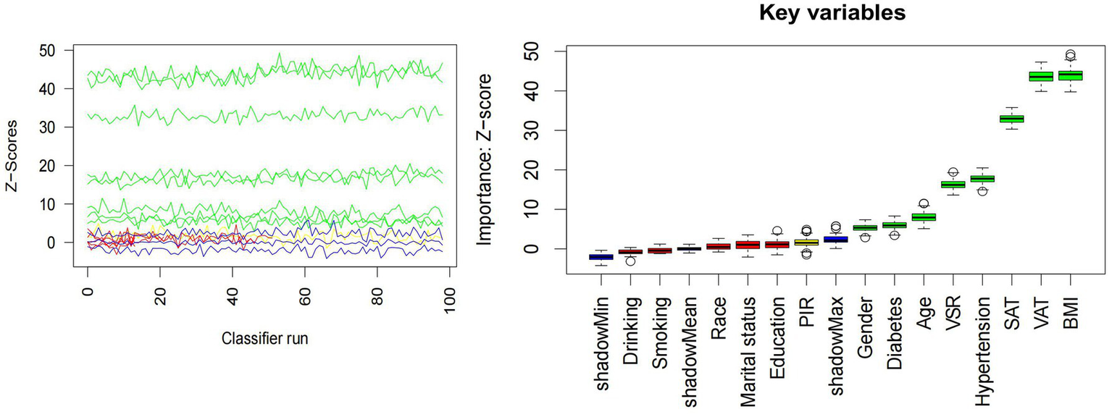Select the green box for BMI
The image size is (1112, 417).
(1070, 75)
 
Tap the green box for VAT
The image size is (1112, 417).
(1041, 77)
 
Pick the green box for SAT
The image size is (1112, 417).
(1011, 119)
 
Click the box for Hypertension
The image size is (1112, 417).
(982, 179)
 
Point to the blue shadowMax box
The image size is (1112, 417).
(835, 239)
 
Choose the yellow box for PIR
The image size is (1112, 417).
(806, 243)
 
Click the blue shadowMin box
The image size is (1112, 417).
(601, 257)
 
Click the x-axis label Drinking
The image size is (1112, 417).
(630, 321)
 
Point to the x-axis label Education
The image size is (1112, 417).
(777, 325)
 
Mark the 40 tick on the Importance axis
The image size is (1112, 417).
(538, 91)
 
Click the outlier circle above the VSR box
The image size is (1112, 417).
(953, 172)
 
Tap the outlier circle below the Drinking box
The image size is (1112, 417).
(630, 261)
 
